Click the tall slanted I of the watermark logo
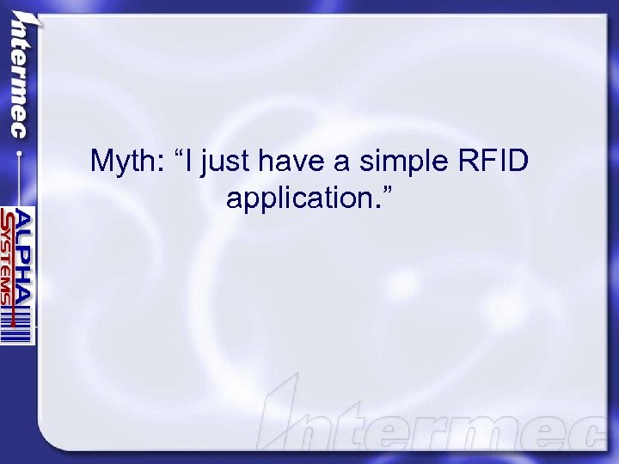284,412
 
